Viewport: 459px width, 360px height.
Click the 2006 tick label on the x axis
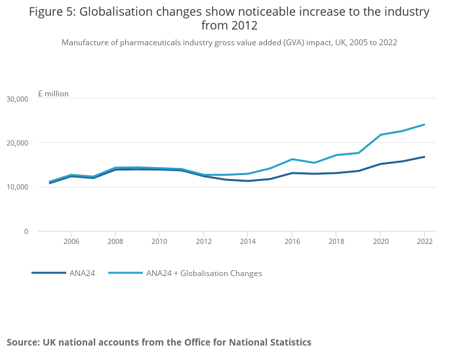tap(71, 241)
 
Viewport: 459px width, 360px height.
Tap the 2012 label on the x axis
tap(204, 241)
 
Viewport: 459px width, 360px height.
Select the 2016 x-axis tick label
tap(292, 241)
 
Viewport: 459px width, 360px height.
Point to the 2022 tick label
tap(424, 241)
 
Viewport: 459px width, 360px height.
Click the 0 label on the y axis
tap(26, 231)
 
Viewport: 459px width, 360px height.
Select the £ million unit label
tap(53, 94)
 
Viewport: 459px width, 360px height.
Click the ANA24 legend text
tap(83, 273)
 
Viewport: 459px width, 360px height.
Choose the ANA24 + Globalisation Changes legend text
tap(204, 273)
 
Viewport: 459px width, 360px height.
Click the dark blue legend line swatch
tap(49, 273)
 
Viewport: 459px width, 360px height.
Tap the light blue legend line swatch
tap(125, 273)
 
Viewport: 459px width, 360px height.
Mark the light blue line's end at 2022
tap(424, 125)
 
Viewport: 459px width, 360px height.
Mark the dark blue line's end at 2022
tap(424, 157)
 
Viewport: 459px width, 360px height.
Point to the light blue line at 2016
tap(292, 159)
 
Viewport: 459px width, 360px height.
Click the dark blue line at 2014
tap(248, 181)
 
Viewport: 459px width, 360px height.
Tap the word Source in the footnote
tap(23, 342)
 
